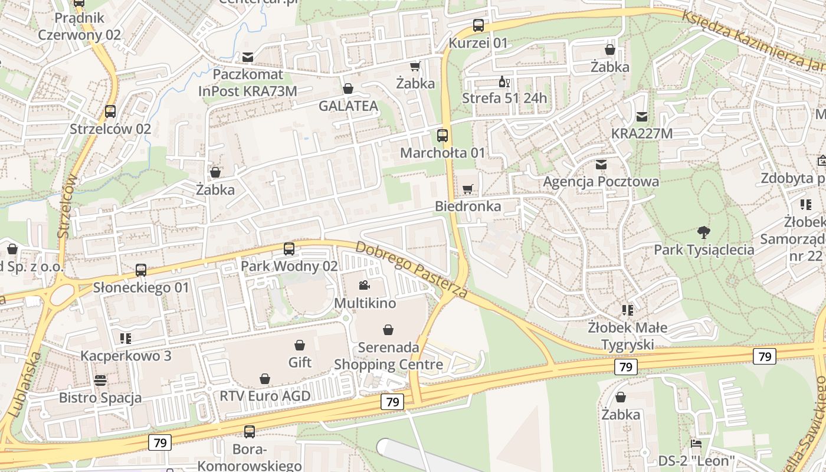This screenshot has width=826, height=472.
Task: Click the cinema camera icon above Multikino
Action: click(364, 286)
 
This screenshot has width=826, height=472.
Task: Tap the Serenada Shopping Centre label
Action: click(388, 356)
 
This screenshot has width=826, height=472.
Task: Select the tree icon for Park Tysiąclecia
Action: click(703, 232)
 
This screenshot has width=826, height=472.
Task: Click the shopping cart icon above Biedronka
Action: click(468, 189)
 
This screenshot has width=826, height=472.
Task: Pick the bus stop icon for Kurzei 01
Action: click(478, 25)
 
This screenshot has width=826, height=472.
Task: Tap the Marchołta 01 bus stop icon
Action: click(442, 136)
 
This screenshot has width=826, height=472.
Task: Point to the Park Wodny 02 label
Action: click(289, 266)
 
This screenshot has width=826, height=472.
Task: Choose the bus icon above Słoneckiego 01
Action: click(141, 270)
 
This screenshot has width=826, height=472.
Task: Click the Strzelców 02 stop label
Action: click(110, 129)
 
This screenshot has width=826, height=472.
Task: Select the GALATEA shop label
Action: click(348, 106)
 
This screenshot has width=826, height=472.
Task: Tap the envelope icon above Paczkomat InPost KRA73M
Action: click(248, 57)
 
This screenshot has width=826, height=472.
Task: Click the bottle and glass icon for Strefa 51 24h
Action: click(504, 82)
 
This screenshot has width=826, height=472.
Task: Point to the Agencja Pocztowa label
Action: click(601, 182)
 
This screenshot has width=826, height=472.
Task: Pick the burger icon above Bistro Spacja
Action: click(100, 380)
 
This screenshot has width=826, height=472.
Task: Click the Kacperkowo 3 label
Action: click(126, 356)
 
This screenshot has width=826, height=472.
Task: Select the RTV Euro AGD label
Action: click(265, 396)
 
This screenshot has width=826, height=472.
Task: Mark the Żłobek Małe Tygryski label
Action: click(628, 336)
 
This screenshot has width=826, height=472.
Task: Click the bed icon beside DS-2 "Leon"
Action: click(696, 443)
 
